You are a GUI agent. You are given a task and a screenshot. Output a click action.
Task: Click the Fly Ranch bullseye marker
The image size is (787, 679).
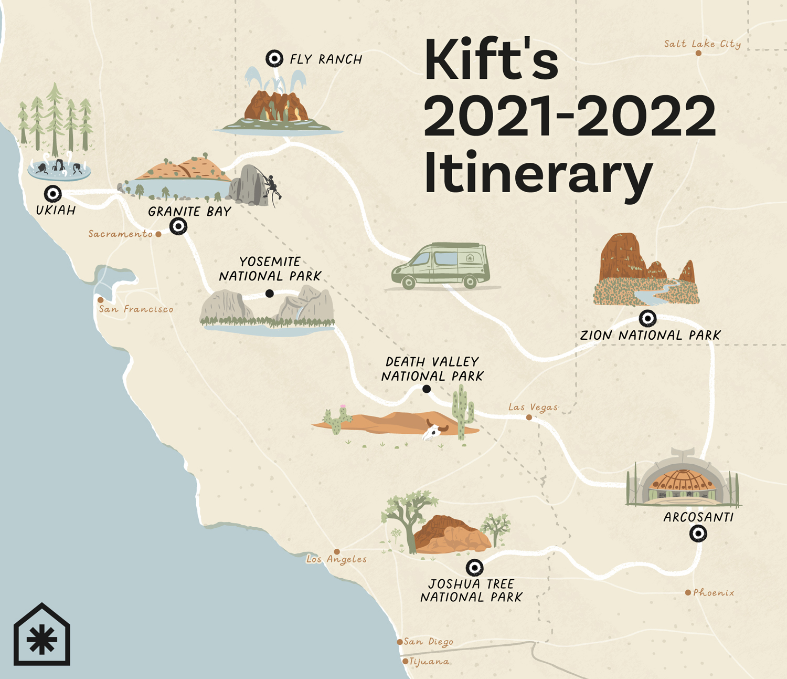[274, 58]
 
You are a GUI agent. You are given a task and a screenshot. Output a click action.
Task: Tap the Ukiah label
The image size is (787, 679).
[56, 211]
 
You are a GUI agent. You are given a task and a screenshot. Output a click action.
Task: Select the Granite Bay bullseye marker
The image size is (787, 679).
[178, 226]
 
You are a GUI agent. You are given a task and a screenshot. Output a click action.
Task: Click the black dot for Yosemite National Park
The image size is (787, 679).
[269, 294]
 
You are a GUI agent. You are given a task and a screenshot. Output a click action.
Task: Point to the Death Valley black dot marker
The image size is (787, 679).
[427, 389]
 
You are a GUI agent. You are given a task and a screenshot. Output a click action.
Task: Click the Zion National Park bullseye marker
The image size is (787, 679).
[647, 318]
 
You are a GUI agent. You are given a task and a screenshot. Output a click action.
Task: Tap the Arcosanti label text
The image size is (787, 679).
[698, 517]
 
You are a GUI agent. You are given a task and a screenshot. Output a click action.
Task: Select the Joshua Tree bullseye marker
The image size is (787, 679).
[474, 567]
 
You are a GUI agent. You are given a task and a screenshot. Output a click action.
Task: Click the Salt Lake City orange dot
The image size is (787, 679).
[698, 53]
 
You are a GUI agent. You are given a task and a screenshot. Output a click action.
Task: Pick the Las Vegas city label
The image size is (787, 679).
[533, 407]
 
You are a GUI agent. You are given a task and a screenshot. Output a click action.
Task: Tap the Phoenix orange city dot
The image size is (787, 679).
[688, 592]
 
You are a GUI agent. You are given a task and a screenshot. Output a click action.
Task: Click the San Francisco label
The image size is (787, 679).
[136, 309]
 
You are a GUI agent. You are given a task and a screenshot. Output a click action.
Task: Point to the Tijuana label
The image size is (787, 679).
[429, 662]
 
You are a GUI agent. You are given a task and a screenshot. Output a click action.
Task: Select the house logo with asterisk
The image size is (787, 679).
[42, 635]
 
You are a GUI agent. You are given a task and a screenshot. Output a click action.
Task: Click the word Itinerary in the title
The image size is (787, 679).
[538, 173]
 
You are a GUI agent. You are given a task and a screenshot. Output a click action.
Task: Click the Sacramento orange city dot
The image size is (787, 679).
[158, 234]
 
